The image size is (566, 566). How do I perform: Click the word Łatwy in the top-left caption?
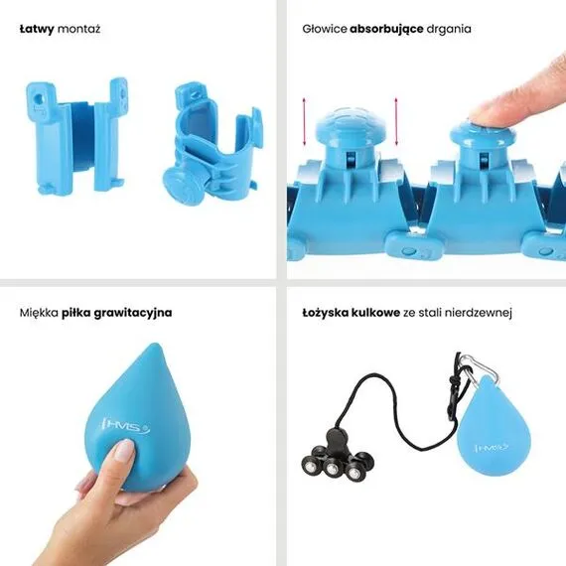coord(37,29)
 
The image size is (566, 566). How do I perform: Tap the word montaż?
coord(79,29)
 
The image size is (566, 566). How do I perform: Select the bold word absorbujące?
coord(387,29)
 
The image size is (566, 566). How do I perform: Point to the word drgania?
coord(450,29)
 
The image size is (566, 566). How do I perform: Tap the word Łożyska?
coord(325,312)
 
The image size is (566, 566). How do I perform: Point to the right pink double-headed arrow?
coord(395,121)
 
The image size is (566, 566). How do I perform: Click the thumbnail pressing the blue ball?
coord(122,453)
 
